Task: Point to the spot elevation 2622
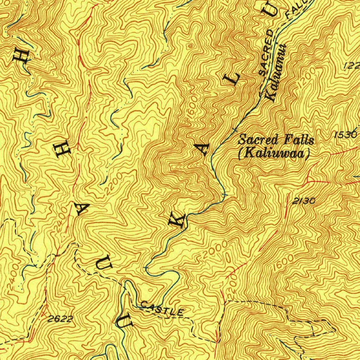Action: point(60,319)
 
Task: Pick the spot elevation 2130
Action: point(304,201)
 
